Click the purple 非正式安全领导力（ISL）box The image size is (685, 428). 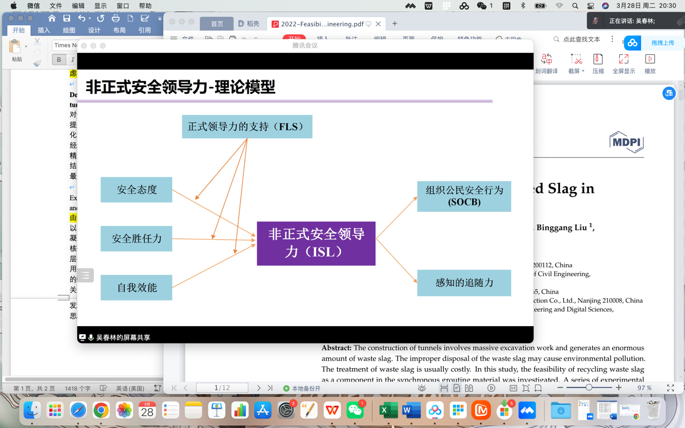tap(316, 243)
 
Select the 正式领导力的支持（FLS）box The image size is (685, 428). tap(247, 127)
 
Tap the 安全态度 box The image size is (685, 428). tap(136, 190)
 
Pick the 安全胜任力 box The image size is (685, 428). tap(136, 238)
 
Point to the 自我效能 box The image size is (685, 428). tap(136, 287)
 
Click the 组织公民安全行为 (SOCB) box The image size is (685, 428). tap(464, 196)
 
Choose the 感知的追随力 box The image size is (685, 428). tap(464, 283)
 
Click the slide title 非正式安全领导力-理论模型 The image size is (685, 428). tap(181, 87)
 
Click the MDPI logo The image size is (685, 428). tap(626, 142)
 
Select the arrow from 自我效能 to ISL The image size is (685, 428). tap(214, 266)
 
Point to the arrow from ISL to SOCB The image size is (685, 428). tap(396, 218)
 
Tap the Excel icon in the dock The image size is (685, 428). tap(388, 411)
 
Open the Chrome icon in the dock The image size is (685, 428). tap(101, 411)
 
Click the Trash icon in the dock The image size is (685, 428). tap(653, 411)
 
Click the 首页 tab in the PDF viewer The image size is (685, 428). tap(217, 24)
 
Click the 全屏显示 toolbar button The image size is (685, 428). tap(624, 64)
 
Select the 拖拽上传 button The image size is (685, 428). tap(662, 43)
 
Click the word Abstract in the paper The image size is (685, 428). tap(336, 348)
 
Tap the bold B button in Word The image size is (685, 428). tap(59, 60)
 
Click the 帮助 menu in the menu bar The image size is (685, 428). tap(145, 6)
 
